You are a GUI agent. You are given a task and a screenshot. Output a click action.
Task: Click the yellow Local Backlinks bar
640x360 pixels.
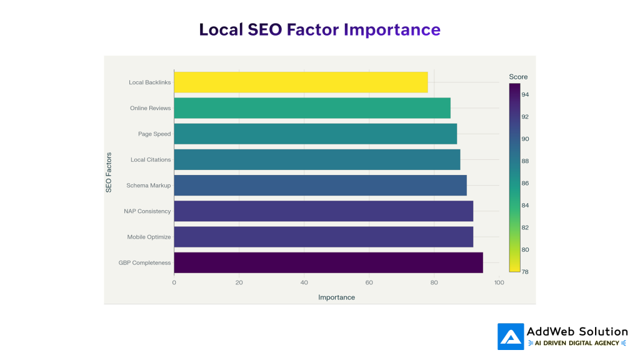301,82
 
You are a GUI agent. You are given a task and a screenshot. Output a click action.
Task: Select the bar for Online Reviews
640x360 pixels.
312,108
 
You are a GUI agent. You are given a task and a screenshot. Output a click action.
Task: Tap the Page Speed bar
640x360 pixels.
315,134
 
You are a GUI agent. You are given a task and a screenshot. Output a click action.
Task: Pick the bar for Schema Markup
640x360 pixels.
320,186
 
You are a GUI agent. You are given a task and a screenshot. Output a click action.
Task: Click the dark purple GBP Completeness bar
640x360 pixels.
328,262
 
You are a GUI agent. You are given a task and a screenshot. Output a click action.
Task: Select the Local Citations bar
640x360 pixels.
317,159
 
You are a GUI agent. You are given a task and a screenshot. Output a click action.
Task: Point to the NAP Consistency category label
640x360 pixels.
147,211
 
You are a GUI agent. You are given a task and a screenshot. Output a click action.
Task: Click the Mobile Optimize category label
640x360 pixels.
149,237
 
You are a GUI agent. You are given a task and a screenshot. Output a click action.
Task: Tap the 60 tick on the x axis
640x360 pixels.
369,282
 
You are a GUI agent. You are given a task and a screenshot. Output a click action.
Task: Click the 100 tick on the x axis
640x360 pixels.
499,282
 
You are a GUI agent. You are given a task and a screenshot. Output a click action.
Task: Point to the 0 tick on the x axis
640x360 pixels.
174,282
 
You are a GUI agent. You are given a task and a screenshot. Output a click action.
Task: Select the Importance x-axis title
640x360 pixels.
336,297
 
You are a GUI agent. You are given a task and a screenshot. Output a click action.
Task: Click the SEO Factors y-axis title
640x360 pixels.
109,172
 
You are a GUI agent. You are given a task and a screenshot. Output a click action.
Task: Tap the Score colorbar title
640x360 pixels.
518,77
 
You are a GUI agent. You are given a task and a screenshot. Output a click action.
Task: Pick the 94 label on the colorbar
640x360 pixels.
526,95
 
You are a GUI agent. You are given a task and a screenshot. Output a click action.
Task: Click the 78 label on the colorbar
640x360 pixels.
526,272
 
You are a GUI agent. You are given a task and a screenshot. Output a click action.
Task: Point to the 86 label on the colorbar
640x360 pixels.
526,184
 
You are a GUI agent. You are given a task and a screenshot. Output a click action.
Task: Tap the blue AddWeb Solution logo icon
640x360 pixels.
511,336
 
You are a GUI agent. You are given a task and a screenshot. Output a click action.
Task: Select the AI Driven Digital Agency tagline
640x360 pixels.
577,343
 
